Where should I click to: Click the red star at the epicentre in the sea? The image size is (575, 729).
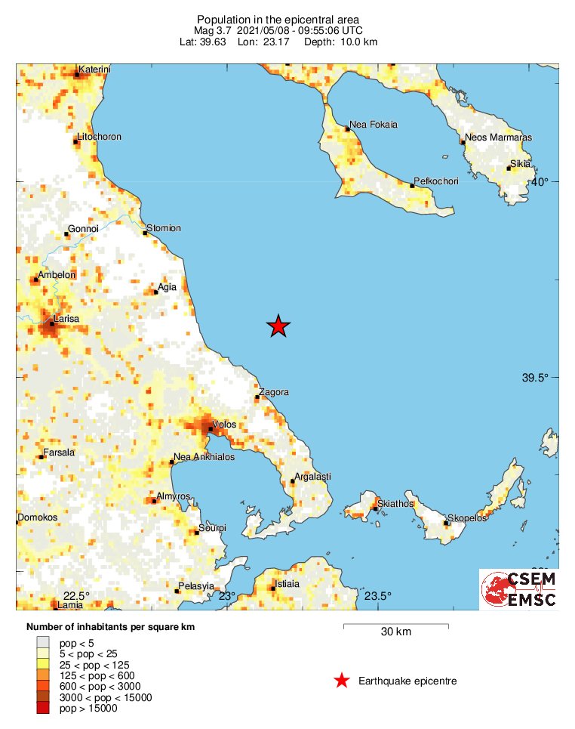(278, 326)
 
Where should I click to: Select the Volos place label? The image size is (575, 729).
(224, 424)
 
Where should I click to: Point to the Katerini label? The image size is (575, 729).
(94, 70)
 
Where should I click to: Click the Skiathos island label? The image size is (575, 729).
(392, 502)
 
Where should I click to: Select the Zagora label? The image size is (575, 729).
(273, 392)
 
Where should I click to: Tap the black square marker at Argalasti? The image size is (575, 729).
(292, 481)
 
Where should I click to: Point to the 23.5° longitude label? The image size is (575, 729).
(379, 596)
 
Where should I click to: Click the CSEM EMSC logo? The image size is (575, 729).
(519, 588)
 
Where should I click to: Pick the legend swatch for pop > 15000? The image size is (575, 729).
(43, 708)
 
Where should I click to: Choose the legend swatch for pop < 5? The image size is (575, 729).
(43, 642)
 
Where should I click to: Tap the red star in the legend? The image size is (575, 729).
(342, 681)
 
